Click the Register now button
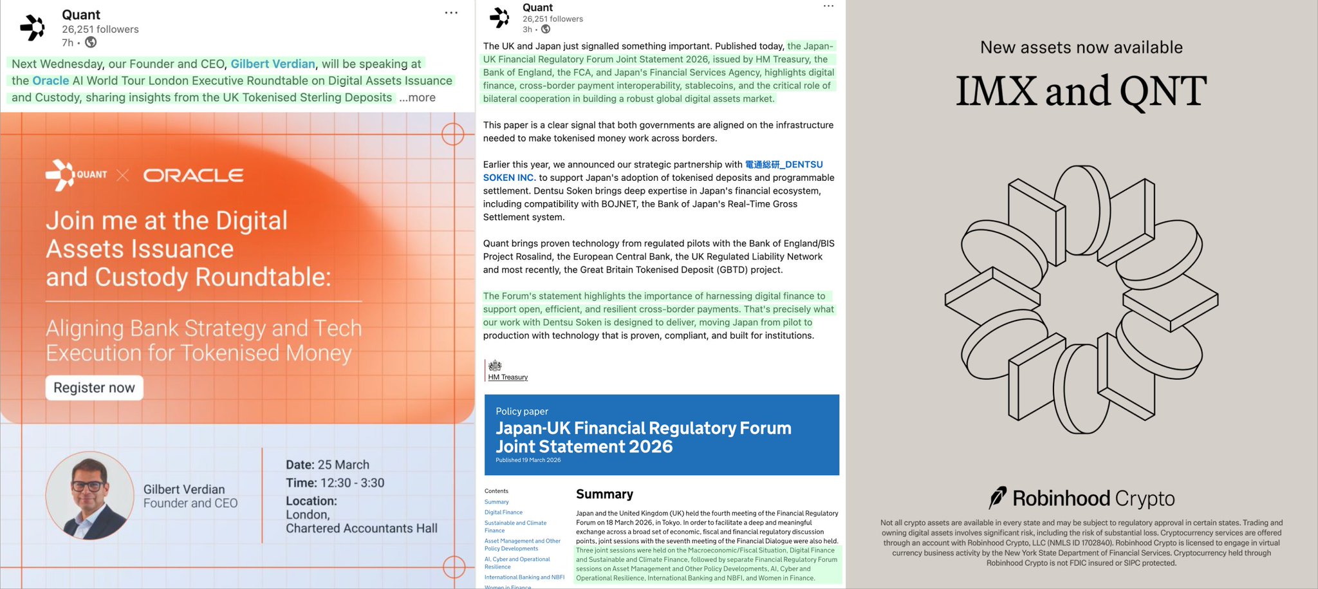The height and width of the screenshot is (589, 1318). (94, 388)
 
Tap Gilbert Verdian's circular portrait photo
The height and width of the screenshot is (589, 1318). (89, 496)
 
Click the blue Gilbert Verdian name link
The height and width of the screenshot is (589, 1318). (273, 64)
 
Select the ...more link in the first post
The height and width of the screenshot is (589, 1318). (417, 98)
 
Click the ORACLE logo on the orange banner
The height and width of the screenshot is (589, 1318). (193, 175)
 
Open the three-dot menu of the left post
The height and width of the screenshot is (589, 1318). (451, 13)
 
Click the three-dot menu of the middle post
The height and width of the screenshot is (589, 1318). (828, 6)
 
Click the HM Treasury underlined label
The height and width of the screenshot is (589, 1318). (508, 377)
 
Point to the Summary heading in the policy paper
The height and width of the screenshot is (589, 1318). (604, 494)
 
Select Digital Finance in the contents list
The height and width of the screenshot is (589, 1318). (503, 512)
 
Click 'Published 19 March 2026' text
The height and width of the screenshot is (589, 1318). (528, 460)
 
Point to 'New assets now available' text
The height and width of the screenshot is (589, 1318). (1081, 48)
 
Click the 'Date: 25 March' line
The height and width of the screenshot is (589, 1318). (328, 465)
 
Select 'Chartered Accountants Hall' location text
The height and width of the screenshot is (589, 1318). (362, 528)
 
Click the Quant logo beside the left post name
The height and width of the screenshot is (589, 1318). (33, 28)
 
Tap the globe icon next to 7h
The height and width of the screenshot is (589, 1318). (91, 42)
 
